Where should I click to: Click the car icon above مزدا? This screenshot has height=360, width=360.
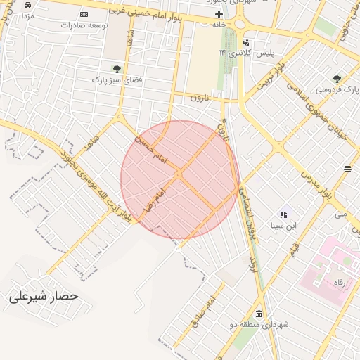point(27,4)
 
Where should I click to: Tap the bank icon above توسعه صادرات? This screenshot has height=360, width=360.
point(84,14)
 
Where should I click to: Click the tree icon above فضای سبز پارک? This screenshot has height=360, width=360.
point(116,69)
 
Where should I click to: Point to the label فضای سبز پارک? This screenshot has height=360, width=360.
point(117,80)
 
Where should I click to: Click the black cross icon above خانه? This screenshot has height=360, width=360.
point(219,14)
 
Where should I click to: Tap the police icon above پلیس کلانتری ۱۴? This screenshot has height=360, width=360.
point(246,42)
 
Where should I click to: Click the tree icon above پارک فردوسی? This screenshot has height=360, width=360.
point(337,78)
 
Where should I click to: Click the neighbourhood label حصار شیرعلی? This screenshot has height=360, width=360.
point(44,297)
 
